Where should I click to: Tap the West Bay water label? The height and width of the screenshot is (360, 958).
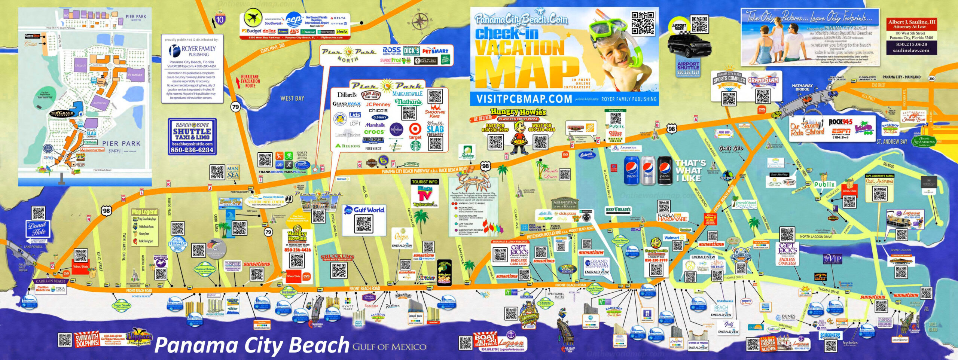292,98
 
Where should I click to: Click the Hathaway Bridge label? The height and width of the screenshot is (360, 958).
802,88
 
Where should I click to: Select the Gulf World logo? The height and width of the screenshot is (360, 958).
364,210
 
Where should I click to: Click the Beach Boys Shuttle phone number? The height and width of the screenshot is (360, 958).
192,150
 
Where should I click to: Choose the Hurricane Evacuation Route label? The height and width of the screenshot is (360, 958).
250,81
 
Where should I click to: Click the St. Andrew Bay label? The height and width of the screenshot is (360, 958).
891,142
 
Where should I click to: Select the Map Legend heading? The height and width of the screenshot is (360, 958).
144,212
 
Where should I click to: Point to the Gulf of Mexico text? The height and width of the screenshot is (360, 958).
389,347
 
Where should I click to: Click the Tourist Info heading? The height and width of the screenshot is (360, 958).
424,182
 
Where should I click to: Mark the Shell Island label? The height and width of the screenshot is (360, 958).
933,327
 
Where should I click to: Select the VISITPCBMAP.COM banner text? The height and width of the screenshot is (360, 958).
524,99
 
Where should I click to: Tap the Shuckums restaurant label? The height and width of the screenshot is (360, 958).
337,257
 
